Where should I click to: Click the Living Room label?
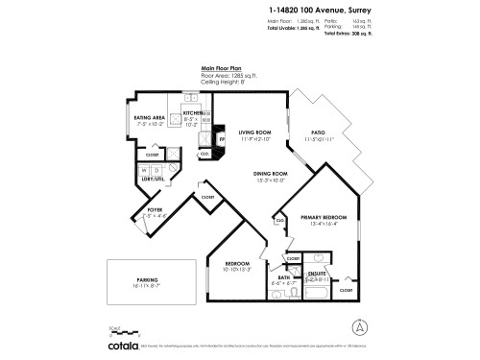coord(255,132)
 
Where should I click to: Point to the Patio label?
coord(316,132)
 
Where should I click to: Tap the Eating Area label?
coord(152,118)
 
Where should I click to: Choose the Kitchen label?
coord(193,112)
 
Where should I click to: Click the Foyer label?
coord(155,209)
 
